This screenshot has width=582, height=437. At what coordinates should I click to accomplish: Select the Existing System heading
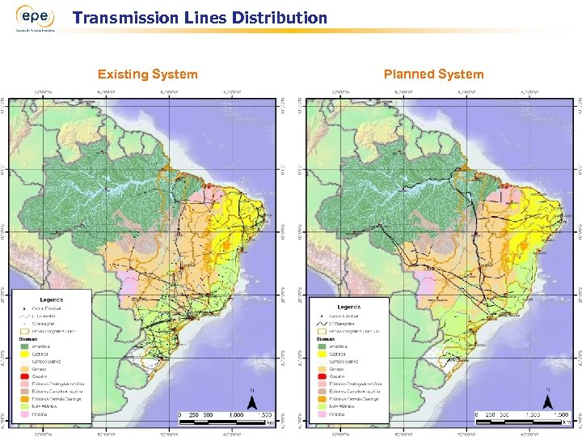pyautogui.click(x=147, y=74)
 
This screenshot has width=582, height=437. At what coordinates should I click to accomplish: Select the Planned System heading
pyautogui.click(x=433, y=74)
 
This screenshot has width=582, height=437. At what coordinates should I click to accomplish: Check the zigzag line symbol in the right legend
pyautogui.click(x=323, y=323)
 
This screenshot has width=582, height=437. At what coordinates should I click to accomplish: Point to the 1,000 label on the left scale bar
pyautogui.click(x=235, y=414)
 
